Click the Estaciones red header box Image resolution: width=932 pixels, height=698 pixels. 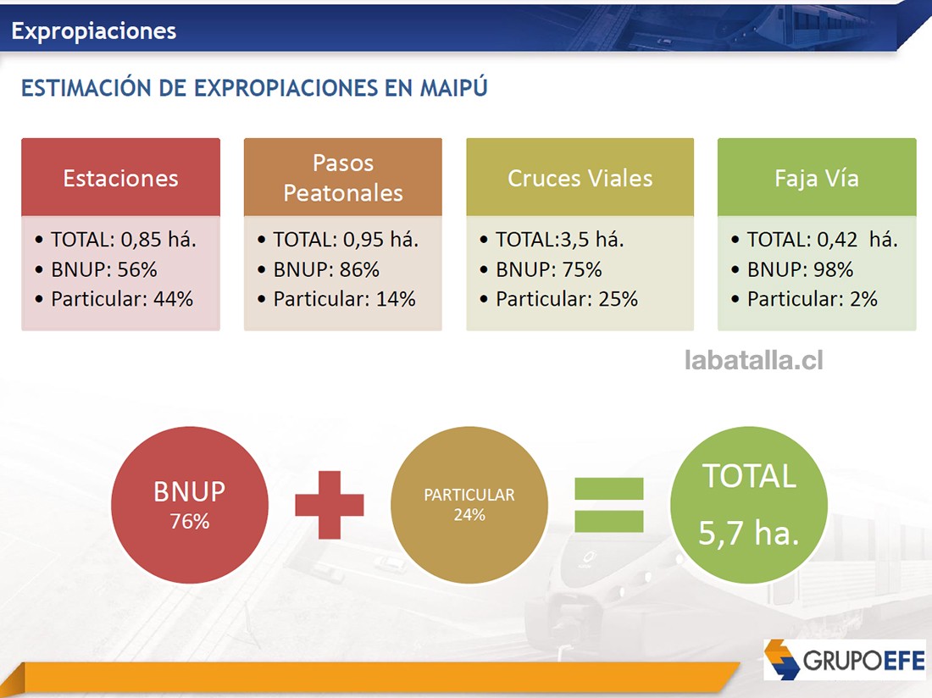(x=120, y=178)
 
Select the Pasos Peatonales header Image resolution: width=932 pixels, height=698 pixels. (x=342, y=178)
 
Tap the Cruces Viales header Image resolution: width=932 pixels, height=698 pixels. (x=580, y=178)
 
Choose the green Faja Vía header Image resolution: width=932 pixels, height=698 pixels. (x=816, y=178)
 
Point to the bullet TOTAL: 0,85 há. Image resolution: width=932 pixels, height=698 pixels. (x=123, y=240)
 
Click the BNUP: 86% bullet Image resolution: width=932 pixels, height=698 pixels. (x=325, y=269)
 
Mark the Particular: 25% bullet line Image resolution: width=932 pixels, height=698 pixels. (x=566, y=299)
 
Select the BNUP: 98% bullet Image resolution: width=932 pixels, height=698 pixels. (x=799, y=269)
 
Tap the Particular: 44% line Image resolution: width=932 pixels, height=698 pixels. (x=121, y=299)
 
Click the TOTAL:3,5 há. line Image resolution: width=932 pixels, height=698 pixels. (x=559, y=240)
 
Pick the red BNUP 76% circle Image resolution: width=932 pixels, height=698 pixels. (x=189, y=506)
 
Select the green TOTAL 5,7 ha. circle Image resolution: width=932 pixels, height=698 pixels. (x=747, y=506)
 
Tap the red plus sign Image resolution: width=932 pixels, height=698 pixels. (x=329, y=505)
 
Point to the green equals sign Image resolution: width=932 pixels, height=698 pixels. (x=608, y=505)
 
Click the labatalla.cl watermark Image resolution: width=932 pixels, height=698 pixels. (x=753, y=361)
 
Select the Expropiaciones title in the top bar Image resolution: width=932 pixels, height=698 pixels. (x=94, y=31)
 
